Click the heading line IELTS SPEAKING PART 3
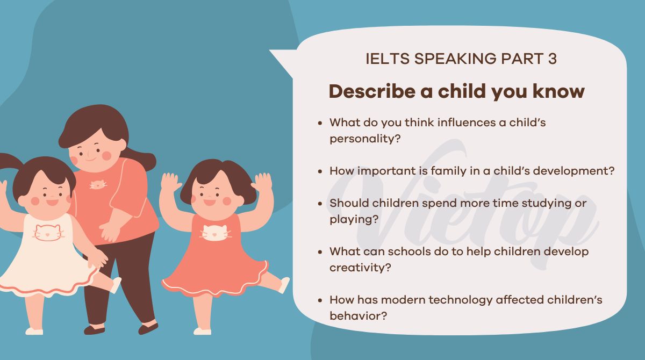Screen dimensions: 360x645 click(461, 59)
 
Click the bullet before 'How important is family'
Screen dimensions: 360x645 click(320, 171)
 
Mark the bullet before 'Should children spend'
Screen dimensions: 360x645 click(320, 204)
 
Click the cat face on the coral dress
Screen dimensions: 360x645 click(216, 233)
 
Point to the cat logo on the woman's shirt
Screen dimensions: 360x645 click(97, 185)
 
